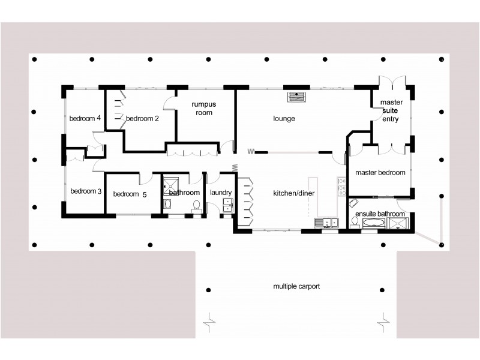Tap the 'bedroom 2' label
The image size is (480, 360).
click(142, 118)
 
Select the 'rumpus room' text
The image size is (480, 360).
click(203, 109)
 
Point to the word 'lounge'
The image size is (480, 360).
click(284, 118)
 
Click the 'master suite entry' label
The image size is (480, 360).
click(391, 110)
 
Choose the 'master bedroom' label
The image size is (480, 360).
click(380, 173)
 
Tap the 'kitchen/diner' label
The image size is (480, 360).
click(294, 193)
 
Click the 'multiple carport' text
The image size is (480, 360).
click(296, 286)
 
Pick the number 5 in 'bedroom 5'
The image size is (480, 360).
click(144, 194)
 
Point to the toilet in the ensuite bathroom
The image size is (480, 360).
click(354, 223)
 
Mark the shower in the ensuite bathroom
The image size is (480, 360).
click(398, 223)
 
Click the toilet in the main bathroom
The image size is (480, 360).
click(196, 206)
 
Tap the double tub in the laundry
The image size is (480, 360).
click(227, 206)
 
